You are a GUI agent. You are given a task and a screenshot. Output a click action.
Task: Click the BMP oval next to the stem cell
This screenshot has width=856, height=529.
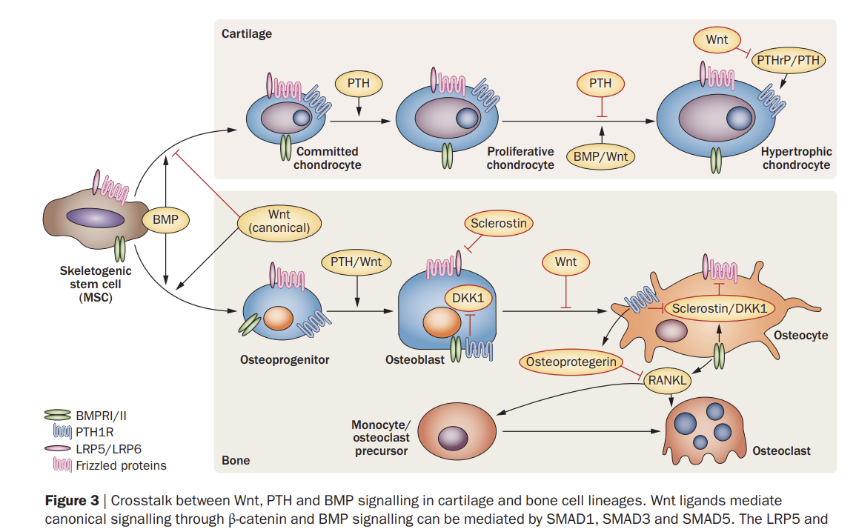(x=165, y=219)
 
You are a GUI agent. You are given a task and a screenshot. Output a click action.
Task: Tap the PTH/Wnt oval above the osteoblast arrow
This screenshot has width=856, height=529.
(x=356, y=262)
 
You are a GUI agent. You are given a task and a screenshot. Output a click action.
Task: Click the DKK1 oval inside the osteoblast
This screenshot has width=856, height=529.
(x=468, y=298)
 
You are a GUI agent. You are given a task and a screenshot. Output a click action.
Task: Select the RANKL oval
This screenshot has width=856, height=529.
(x=668, y=381)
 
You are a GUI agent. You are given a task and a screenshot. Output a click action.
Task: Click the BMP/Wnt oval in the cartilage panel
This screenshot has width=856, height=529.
(x=601, y=156)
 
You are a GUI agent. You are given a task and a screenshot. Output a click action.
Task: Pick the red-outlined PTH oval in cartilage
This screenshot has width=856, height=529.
(x=600, y=83)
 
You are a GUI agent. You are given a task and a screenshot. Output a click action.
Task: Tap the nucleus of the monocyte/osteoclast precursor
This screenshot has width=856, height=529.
(x=450, y=437)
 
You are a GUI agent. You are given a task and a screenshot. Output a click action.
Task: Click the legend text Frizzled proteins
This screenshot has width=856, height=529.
(x=121, y=465)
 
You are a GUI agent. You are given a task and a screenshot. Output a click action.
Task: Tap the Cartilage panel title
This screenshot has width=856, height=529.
(x=247, y=33)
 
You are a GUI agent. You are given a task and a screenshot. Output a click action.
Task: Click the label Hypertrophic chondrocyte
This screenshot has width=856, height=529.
(x=796, y=158)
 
